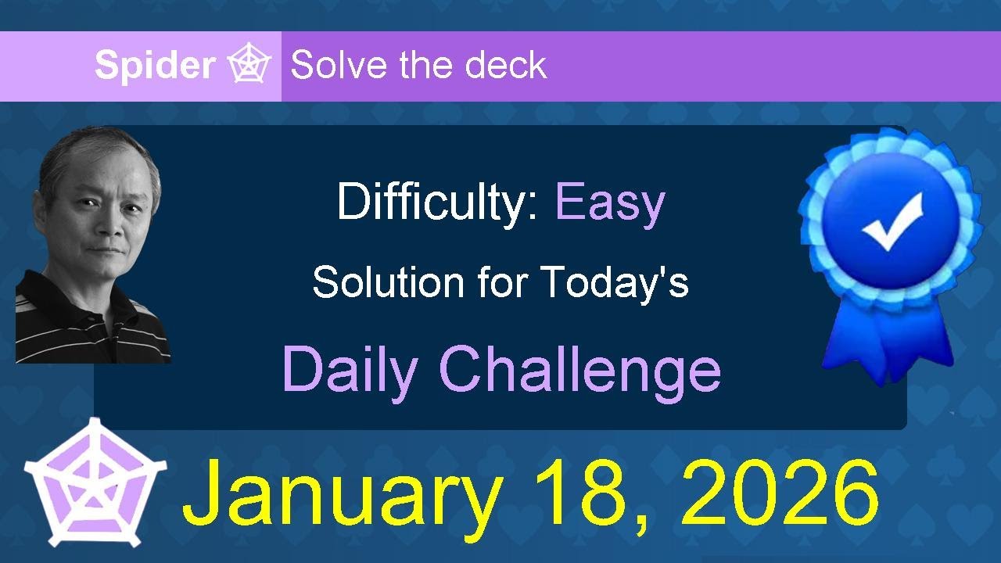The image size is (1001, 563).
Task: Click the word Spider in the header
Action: coord(154,66)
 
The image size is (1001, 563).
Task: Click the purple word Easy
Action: coord(610,203)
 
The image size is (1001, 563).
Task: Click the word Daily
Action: coord(350,369)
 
